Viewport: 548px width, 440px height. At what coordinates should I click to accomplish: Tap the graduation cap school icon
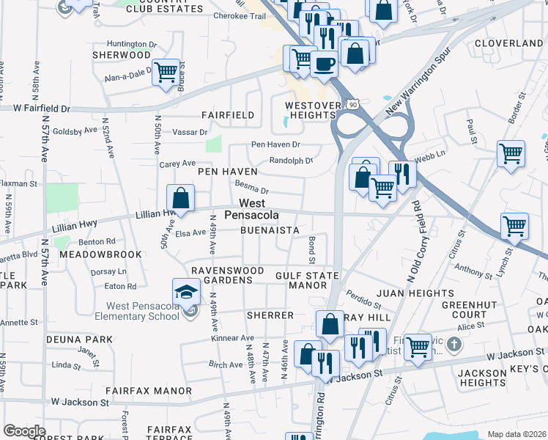coord(187,292)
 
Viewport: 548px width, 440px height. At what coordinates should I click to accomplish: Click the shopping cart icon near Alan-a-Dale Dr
coord(166,72)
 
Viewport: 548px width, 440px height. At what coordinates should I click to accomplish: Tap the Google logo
coord(24,431)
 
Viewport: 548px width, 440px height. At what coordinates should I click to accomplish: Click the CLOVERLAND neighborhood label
coord(508,43)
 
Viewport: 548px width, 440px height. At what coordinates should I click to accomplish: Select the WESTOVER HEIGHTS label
coord(313,111)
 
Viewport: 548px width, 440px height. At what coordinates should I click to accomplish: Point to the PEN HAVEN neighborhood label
coord(228,172)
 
